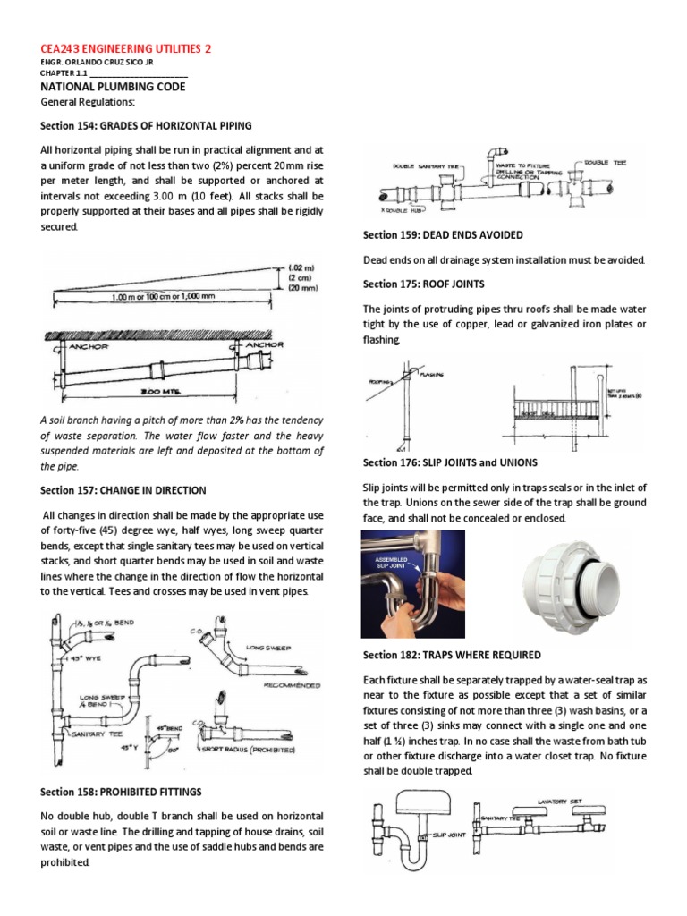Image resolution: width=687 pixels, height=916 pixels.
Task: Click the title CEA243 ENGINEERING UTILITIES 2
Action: (128, 48)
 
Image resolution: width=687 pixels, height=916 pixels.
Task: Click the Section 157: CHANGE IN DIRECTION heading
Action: (124, 490)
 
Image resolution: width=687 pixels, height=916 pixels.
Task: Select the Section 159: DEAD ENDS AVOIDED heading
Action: (443, 234)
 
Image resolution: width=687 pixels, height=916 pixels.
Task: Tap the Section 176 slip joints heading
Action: (450, 462)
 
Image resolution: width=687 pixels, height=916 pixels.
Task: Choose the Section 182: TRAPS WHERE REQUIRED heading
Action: (451, 655)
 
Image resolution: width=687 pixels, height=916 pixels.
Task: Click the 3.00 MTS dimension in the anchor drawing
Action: (158, 391)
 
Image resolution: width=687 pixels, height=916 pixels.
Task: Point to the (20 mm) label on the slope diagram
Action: (303, 288)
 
